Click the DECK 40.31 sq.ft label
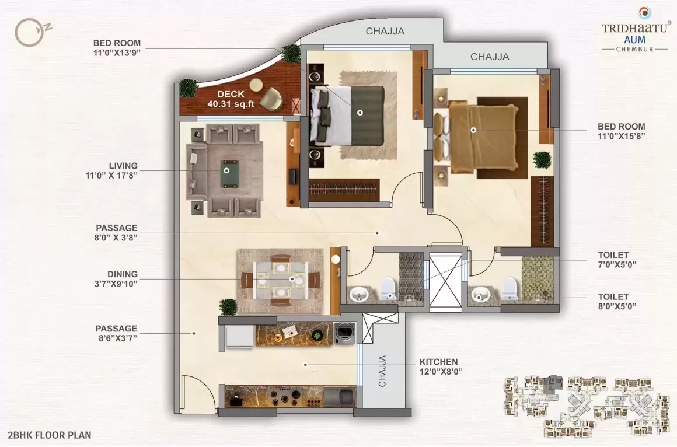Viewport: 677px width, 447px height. pyautogui.click(x=231, y=99)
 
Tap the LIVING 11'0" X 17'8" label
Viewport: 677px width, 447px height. pyautogui.click(x=111, y=170)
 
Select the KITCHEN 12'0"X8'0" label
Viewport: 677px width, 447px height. pyautogui.click(x=441, y=366)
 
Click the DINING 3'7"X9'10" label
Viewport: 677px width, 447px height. pyautogui.click(x=116, y=278)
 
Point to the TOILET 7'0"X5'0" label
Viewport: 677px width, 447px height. pyautogui.click(x=617, y=260)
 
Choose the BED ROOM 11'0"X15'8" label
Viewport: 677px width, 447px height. pyautogui.click(x=622, y=131)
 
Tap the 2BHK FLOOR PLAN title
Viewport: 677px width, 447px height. pyautogui.click(x=50, y=435)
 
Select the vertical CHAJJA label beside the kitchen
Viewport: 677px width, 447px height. pyautogui.click(x=382, y=371)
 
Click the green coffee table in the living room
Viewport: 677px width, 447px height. pyautogui.click(x=229, y=174)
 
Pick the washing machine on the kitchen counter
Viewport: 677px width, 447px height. pyautogui.click(x=345, y=333)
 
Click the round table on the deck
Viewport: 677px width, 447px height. pyautogui.click(x=255, y=86)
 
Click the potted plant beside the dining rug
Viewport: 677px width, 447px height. pyautogui.click(x=228, y=307)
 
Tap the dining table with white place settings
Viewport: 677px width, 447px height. pyautogui.click(x=281, y=280)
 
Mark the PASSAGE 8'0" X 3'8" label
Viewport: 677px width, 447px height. pyautogui.click(x=116, y=232)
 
